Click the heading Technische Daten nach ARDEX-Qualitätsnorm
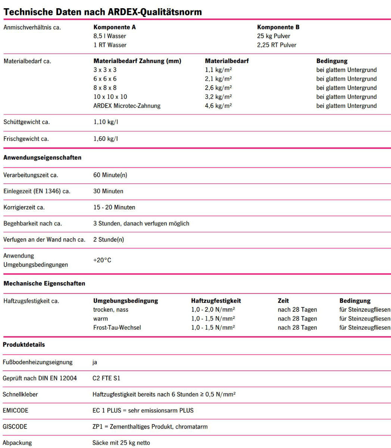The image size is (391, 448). [103, 12]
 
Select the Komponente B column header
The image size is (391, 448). [278, 27]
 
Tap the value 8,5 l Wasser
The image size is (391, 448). [110, 36]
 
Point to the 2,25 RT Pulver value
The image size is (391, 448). [277, 45]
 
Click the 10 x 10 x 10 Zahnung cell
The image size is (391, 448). [110, 97]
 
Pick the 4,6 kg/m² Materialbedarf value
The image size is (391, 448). [218, 106]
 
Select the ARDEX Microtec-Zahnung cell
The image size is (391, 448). [127, 106]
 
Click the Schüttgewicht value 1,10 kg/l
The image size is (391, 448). [106, 122]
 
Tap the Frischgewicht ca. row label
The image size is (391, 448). [26, 139]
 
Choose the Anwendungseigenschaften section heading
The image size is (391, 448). [42, 158]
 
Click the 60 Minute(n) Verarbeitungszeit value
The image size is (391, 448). [110, 175]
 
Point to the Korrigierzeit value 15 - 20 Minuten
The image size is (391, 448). [114, 207]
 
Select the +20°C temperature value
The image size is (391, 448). [102, 260]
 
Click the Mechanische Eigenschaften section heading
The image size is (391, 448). [44, 283]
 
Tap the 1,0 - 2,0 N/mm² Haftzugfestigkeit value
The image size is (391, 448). [213, 309]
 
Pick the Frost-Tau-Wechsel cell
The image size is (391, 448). [117, 327]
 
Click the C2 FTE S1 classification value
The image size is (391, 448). [106, 378]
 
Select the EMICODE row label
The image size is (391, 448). [15, 410]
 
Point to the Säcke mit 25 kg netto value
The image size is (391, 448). [121, 443]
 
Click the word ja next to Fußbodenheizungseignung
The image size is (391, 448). [95, 362]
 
